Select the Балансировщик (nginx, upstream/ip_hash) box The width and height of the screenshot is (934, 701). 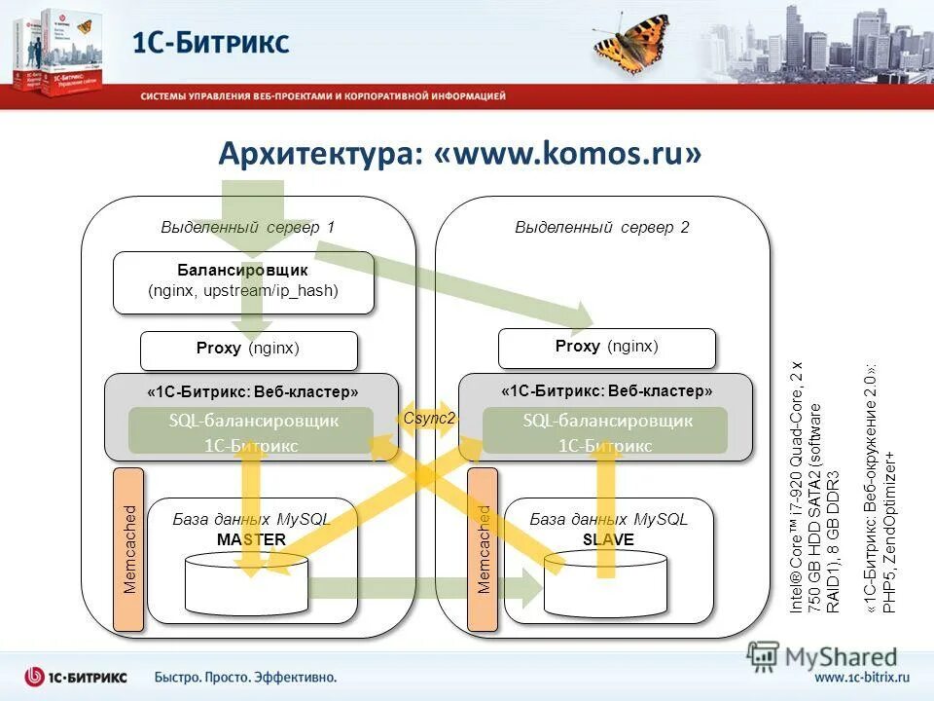point(243,281)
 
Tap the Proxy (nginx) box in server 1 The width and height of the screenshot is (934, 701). point(248,350)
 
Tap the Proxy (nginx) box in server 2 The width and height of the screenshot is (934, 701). point(606,348)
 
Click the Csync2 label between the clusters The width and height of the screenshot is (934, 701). point(428,418)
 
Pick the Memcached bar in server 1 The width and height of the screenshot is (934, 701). point(129,548)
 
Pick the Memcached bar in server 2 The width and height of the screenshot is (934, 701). point(484,548)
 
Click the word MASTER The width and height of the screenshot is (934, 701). point(251,539)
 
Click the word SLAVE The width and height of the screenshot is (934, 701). point(608,539)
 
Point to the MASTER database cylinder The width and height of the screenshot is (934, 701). point(247,585)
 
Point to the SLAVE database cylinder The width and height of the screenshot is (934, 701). point(605,585)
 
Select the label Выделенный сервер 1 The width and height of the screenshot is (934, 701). point(247,228)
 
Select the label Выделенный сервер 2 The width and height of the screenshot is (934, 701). point(601,228)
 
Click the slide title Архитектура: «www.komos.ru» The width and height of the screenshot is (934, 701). point(459,154)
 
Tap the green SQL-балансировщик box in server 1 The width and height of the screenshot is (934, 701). point(251,431)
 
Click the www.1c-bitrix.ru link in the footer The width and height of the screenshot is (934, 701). point(861,676)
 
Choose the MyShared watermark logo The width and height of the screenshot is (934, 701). point(823,657)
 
